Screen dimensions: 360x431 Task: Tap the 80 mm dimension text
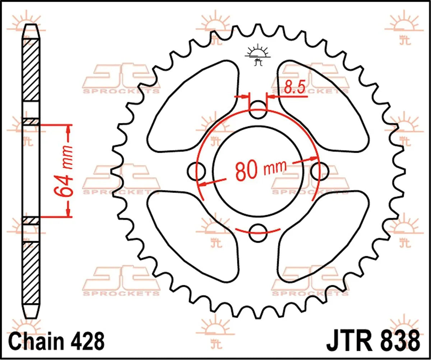(261, 170)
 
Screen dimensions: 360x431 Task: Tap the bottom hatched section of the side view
(31, 273)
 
